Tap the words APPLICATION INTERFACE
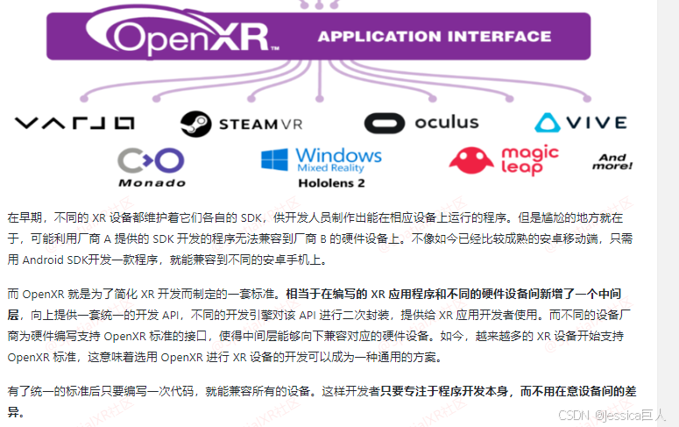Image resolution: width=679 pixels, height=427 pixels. [x=434, y=37]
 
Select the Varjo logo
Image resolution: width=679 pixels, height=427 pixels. [x=74, y=123]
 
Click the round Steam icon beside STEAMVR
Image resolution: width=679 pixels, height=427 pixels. [x=195, y=124]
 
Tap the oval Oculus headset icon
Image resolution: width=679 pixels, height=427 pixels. [x=385, y=123]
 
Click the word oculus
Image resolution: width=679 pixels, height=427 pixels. [x=446, y=122]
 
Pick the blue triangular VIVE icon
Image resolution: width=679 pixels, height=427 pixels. [x=550, y=123]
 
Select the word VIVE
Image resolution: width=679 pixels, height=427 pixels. [x=597, y=123]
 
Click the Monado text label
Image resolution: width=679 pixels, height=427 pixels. [x=152, y=183]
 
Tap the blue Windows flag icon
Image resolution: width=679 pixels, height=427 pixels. [x=275, y=160]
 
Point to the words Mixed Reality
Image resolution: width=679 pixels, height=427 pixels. [x=330, y=167]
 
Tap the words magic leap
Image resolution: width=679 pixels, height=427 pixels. [x=529, y=160]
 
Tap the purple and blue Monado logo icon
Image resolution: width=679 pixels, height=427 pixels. [x=152, y=160]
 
